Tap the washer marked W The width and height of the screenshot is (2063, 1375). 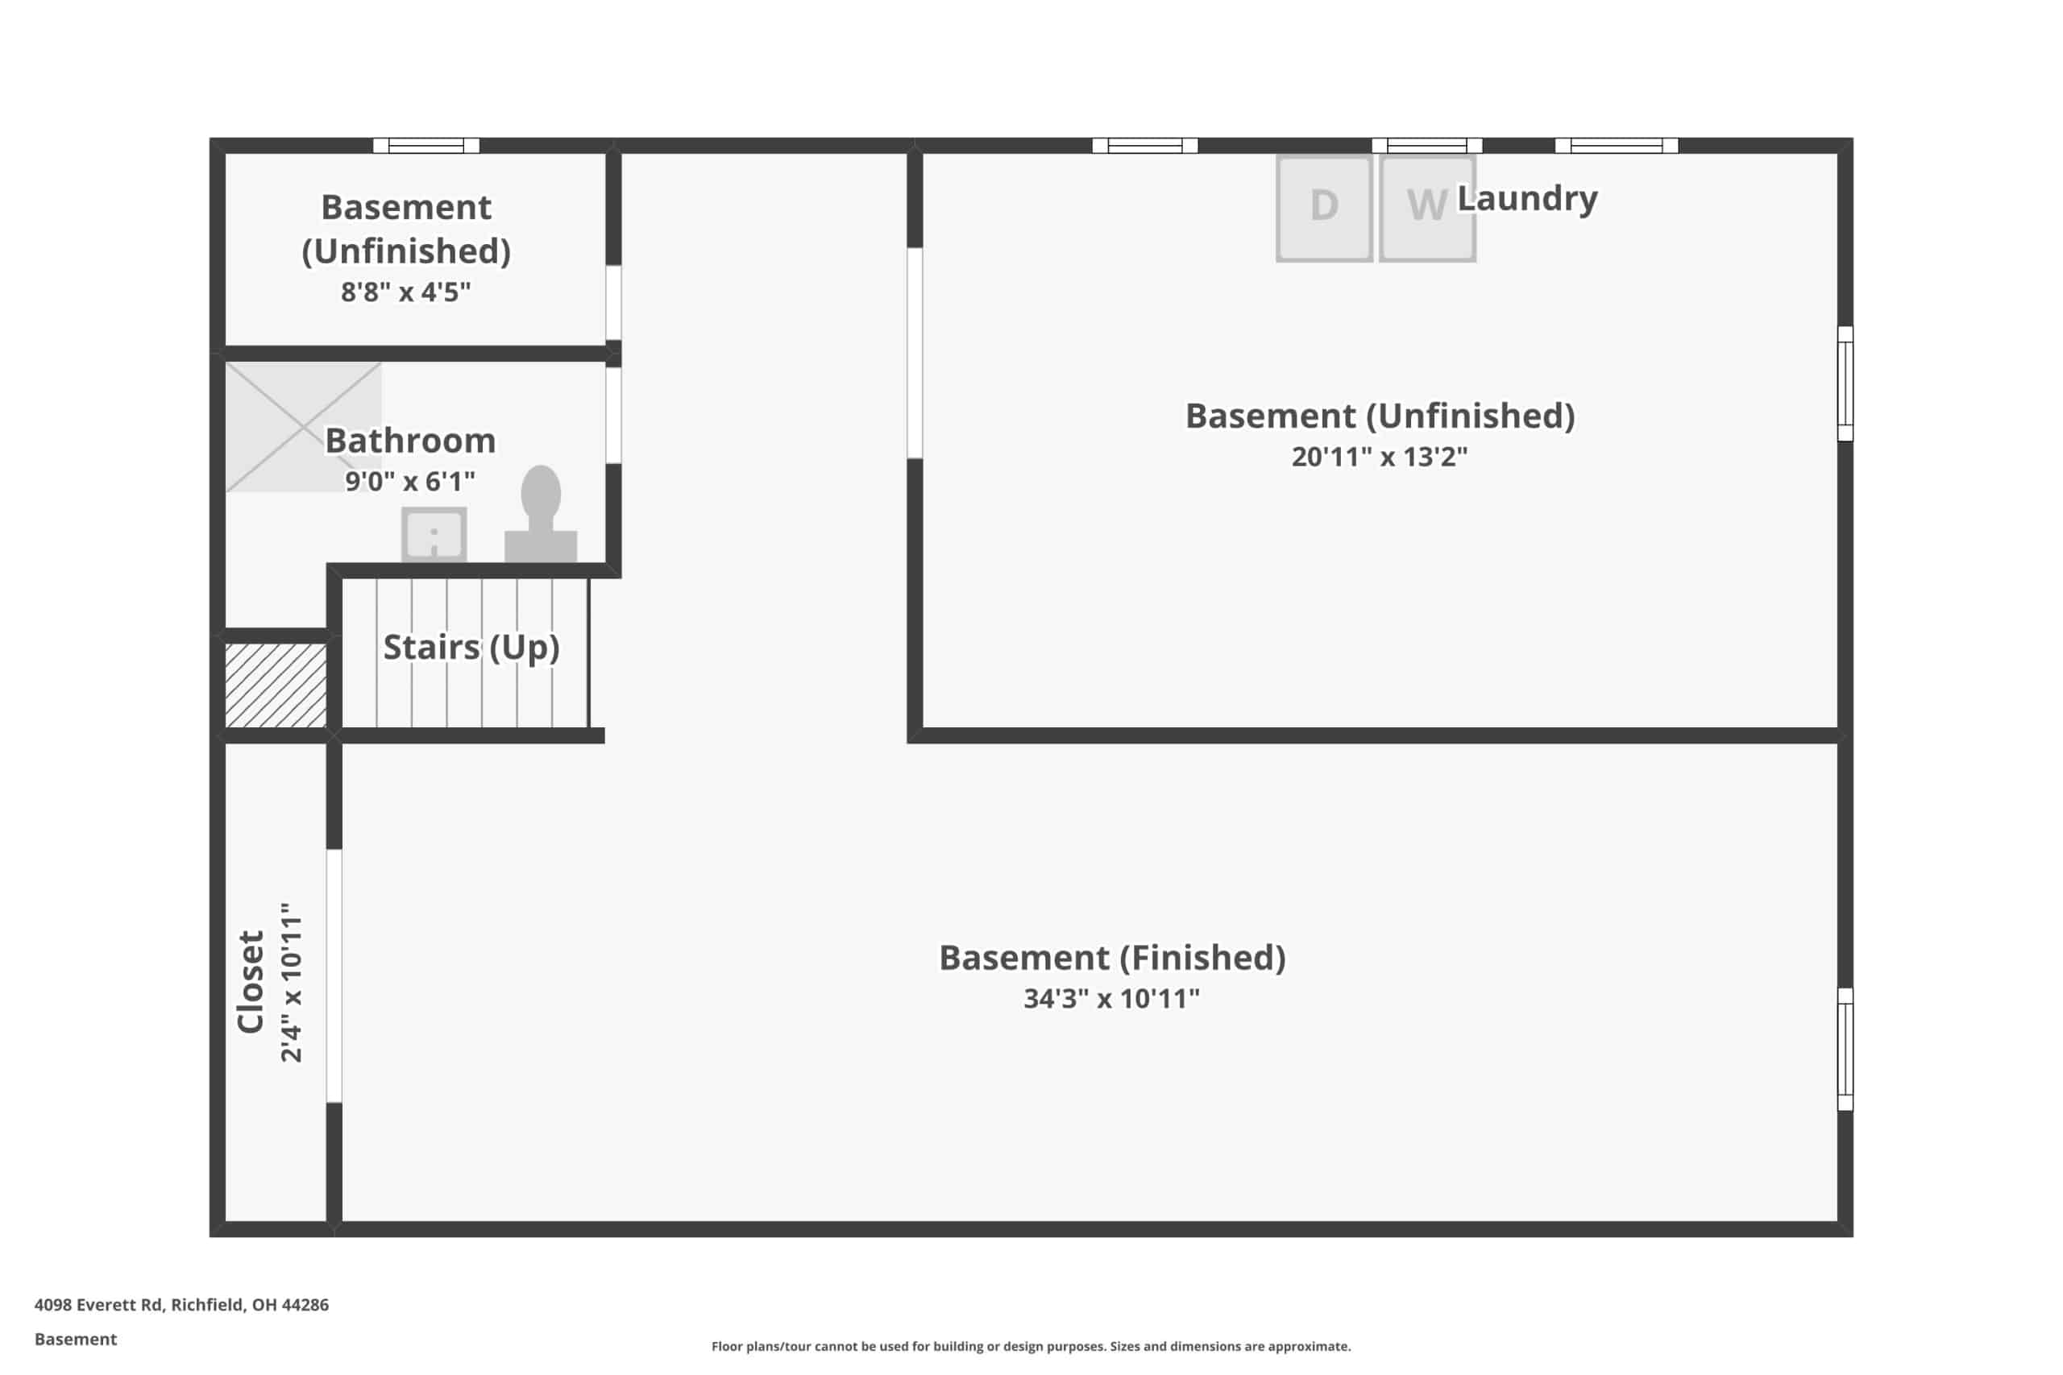[x=1427, y=208]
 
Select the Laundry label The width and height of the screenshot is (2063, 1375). [x=1527, y=199]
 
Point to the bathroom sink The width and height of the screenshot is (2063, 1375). [x=434, y=534]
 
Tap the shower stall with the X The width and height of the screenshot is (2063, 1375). [x=304, y=427]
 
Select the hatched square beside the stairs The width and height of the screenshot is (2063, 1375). [x=276, y=685]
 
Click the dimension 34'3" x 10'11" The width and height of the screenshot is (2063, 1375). [x=1111, y=999]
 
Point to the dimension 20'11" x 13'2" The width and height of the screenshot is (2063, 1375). [x=1379, y=457]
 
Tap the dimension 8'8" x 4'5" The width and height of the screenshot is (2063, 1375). [x=406, y=292]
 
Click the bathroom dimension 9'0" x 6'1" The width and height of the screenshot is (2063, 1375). [x=409, y=482]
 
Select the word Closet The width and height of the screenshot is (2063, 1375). [x=251, y=981]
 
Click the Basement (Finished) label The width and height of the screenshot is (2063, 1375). [x=1112, y=958]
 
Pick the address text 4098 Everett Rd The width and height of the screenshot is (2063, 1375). [x=98, y=1305]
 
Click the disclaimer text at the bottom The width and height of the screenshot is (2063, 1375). [x=1031, y=1346]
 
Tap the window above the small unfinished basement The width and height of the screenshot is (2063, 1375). [x=426, y=146]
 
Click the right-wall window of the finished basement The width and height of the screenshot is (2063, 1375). [x=1845, y=1049]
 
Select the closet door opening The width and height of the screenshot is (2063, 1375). [x=334, y=976]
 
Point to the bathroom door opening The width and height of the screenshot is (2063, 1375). [x=614, y=415]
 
